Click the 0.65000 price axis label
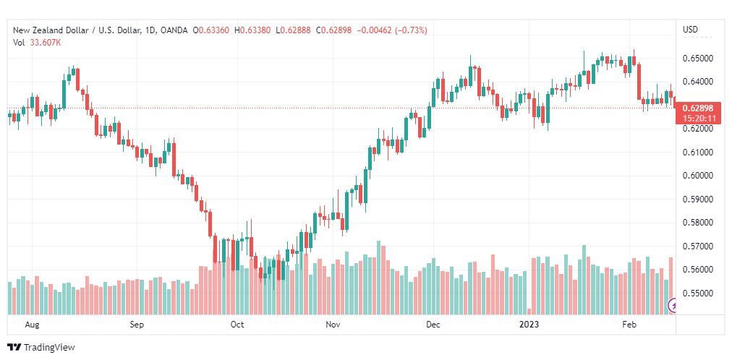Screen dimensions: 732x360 (698, 59)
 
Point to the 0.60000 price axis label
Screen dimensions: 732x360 (698, 176)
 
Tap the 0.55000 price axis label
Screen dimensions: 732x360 (698, 293)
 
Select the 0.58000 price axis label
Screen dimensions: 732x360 (698, 223)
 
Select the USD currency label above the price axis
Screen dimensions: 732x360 (691, 30)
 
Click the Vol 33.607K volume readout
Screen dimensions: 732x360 (37, 43)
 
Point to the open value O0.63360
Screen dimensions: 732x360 (210, 30)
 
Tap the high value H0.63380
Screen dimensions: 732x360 (252, 30)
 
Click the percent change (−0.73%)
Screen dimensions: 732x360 (412, 30)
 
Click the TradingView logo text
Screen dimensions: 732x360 (49, 348)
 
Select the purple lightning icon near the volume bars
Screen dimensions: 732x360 (673, 306)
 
